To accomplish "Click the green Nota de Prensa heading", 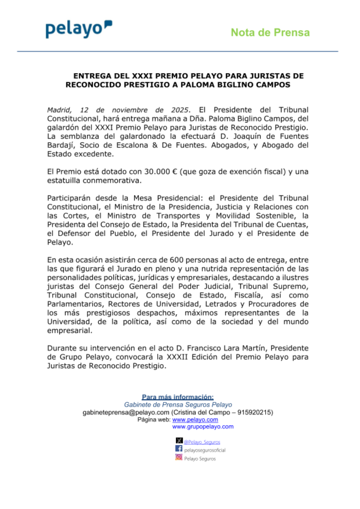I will [x=270, y=32].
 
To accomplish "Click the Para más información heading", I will [x=177, y=397].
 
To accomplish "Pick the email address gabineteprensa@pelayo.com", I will [x=126, y=412].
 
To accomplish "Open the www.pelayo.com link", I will [x=195, y=420].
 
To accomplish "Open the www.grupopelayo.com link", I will [x=203, y=427].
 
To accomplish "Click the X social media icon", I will [x=179, y=441].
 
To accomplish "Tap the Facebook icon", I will [x=179, y=448].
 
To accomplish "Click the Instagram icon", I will [x=179, y=457].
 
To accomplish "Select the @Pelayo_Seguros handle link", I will [x=202, y=442].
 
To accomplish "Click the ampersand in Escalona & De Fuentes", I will [x=155, y=145].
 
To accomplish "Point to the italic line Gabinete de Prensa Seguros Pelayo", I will [x=178, y=405].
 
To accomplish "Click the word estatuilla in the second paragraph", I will [x=64, y=180].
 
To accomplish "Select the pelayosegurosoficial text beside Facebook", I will [x=205, y=450].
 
